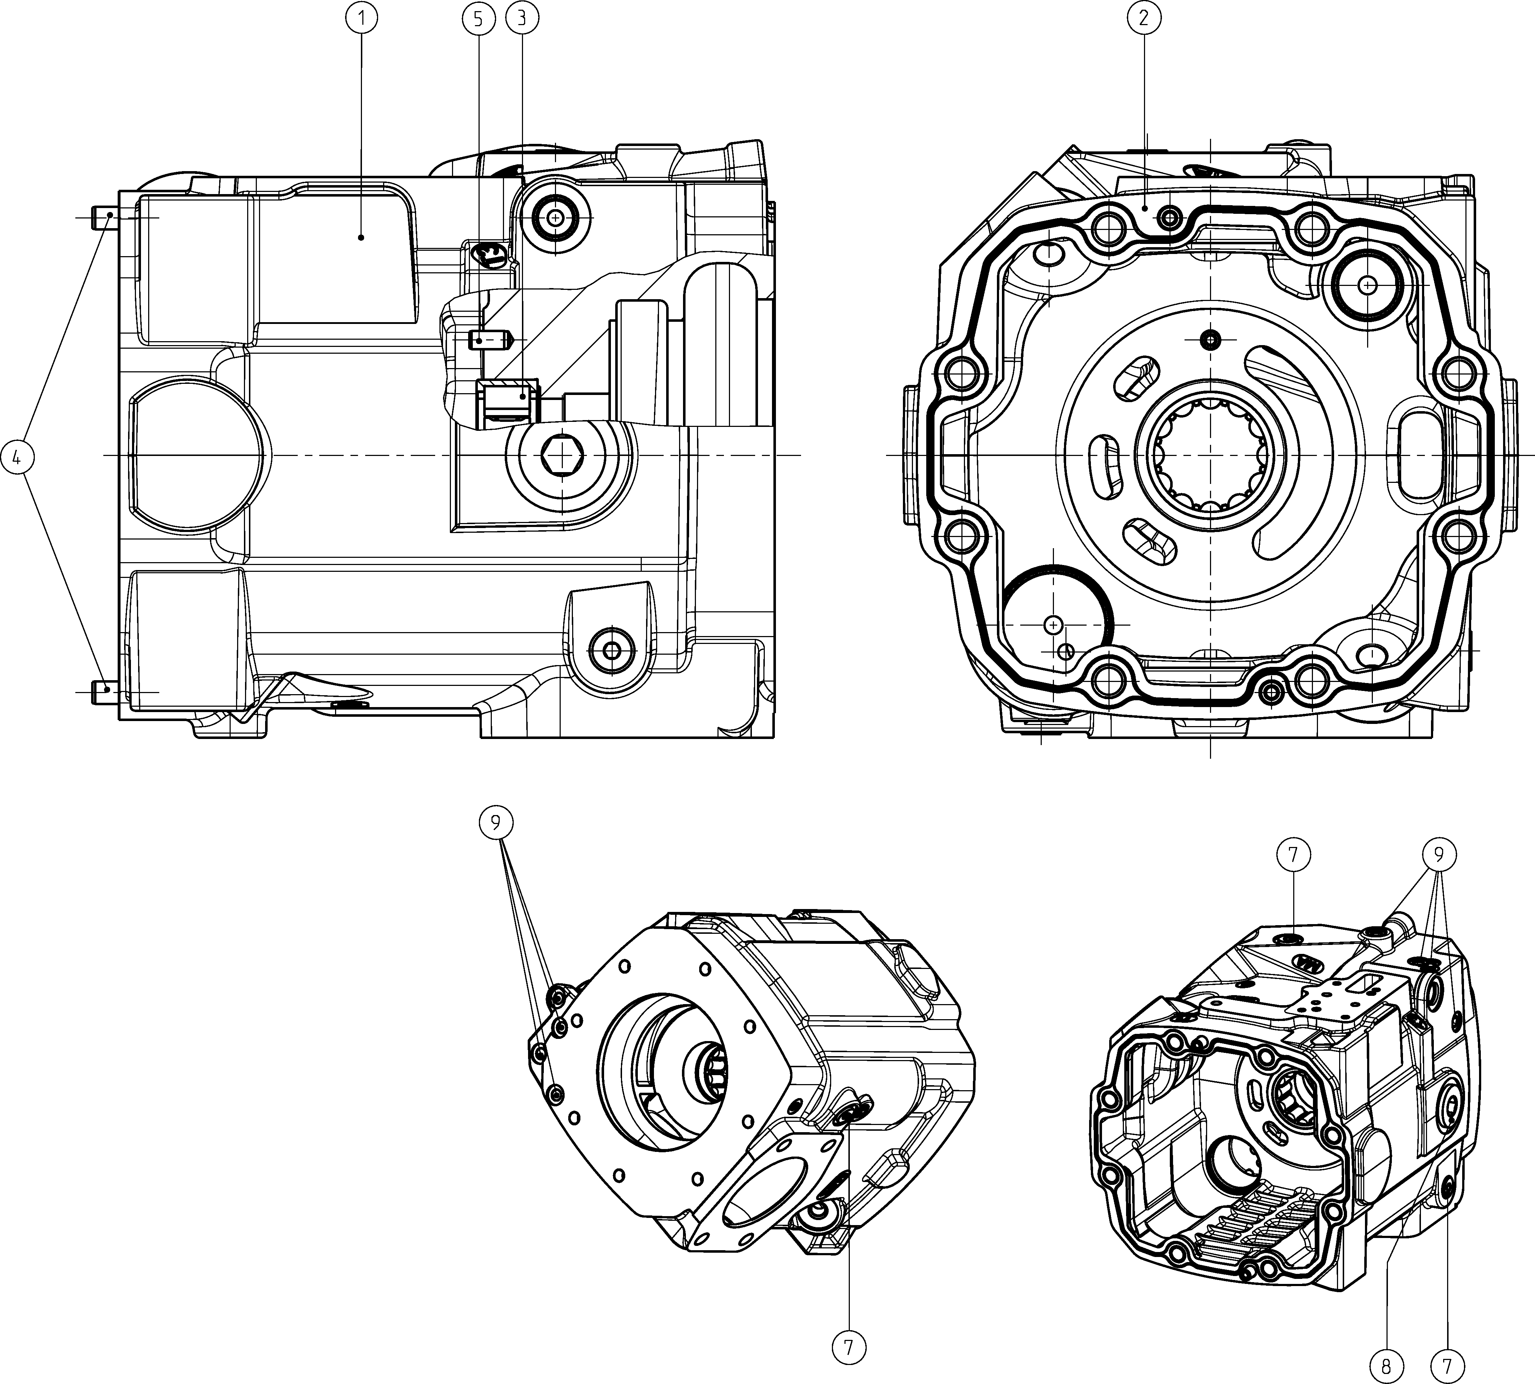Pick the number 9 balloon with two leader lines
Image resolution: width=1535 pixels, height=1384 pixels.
pos(496,822)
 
